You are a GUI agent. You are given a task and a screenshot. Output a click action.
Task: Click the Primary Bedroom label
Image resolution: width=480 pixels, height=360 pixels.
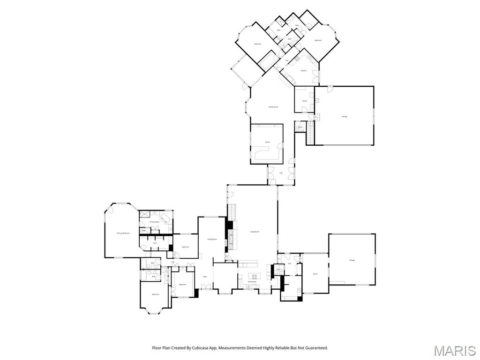pos(123,233)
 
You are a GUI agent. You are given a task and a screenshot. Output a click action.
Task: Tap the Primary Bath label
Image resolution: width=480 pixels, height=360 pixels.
pos(155,222)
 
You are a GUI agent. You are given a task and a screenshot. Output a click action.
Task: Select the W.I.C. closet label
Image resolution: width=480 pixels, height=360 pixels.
pos(155,243)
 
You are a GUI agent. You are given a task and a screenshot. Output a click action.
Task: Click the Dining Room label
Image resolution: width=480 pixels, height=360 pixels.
pos(212,239)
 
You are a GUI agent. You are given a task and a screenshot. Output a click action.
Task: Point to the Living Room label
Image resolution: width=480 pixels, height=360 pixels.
pos(255,232)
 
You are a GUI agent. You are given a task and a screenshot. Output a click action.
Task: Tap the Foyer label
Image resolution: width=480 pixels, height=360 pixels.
pos(205,277)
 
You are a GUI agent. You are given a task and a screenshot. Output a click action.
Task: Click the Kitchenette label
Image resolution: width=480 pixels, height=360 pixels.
pos(252,281)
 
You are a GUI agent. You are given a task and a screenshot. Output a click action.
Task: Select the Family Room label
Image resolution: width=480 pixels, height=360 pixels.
pos(273,107)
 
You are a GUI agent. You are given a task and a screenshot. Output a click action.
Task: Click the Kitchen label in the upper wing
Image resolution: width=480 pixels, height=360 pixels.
pos(303,71)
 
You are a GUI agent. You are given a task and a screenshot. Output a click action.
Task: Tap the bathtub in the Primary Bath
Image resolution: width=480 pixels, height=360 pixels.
pos(165,218)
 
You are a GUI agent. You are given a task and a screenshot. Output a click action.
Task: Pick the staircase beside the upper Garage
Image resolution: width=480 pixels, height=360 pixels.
pos(309,134)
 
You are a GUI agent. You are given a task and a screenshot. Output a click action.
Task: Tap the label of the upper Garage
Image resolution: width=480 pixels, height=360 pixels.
pos(345,116)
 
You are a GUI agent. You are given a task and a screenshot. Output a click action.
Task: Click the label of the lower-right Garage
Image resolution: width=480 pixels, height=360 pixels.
pos(352,260)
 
